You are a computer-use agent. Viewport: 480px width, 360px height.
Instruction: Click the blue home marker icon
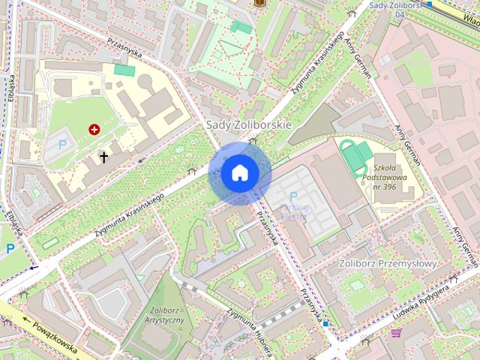[x=240, y=173]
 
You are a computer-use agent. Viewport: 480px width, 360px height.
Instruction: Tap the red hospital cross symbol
[x=94, y=130]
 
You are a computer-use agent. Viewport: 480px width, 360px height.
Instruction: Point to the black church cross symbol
[x=103, y=157]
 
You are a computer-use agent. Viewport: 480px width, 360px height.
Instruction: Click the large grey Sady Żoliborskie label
[x=248, y=124]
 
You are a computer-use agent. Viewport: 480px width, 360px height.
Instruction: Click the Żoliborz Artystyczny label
[x=163, y=315]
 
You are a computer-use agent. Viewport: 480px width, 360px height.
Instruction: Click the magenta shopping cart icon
[x=395, y=332]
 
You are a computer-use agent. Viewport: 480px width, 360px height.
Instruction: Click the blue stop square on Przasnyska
[x=325, y=322]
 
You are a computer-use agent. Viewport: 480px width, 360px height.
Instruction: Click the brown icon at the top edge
[x=260, y=4]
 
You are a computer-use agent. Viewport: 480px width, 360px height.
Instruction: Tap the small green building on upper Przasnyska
[x=124, y=70]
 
